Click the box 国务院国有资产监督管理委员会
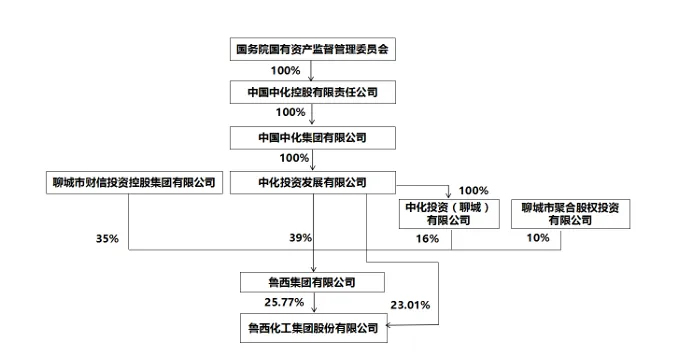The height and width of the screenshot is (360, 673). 313,47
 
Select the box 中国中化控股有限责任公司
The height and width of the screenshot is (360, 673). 313,92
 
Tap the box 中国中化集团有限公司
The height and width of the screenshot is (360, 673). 313,137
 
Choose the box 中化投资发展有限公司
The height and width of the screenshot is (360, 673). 313,183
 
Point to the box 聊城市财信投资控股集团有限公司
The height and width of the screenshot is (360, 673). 134,183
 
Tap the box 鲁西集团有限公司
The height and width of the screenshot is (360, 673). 313,282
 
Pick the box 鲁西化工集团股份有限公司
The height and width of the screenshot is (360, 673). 313,327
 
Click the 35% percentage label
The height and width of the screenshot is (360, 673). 107,239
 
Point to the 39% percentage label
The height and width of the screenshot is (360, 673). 300,238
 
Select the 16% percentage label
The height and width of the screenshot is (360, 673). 427,239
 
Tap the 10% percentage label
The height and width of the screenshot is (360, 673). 538,238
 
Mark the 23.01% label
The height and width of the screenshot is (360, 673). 410,305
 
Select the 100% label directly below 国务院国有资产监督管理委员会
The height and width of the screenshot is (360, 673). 285,70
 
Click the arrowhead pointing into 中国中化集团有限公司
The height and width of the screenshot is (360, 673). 313,123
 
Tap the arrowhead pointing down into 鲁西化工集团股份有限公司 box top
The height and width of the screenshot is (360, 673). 313,313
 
